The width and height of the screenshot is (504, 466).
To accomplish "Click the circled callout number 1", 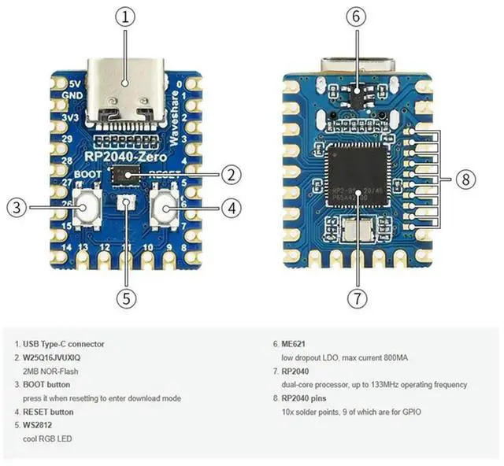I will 126,17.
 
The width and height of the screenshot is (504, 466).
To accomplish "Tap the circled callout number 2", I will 229,176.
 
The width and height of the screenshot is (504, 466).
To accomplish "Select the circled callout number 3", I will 18,208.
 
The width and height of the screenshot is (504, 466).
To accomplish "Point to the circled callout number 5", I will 127,298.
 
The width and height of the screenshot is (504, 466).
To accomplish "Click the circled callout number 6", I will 356,17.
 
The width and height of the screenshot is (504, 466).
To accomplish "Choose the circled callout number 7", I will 356,298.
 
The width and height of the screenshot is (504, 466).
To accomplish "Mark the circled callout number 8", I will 465,180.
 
